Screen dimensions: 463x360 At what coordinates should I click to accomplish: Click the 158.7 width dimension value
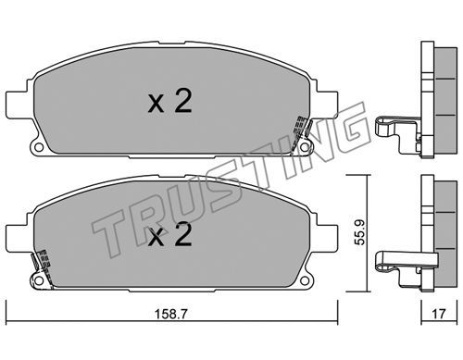pos(170,314)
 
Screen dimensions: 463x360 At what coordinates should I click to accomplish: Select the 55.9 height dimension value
pos(359,232)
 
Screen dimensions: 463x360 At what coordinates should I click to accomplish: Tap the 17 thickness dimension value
pos(439,314)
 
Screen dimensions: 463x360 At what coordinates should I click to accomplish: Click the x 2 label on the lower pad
pos(170,234)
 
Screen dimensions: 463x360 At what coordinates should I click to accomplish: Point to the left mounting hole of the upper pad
pos(39,147)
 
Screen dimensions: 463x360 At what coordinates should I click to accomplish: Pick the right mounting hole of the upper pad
pos(305,147)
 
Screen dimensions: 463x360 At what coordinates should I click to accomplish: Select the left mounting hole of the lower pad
pos(39,280)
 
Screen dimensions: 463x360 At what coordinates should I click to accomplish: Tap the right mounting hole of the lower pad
pos(305,280)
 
